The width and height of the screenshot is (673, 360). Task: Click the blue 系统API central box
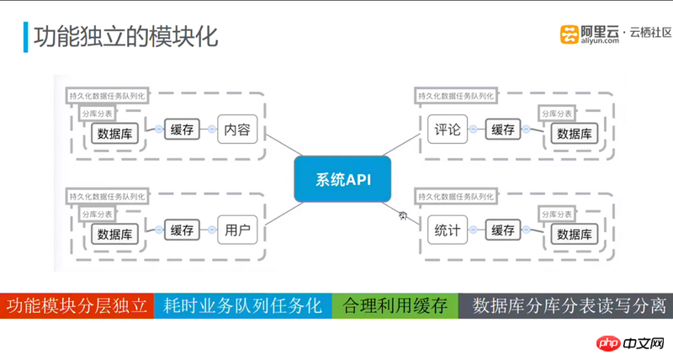[x=342, y=178]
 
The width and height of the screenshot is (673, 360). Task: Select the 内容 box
[x=236, y=130]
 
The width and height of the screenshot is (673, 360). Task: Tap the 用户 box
[x=236, y=230]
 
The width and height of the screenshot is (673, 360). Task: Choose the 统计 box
[x=447, y=230]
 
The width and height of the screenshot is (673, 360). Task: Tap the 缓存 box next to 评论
[x=502, y=130]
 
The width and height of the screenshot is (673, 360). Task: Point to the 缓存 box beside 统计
[x=502, y=230]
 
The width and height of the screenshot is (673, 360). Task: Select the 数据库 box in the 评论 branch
[x=574, y=134]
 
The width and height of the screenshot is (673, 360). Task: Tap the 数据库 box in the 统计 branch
[x=574, y=234]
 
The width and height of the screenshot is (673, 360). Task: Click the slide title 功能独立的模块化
[x=125, y=37]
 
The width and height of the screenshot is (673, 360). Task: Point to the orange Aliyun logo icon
[x=572, y=34]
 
